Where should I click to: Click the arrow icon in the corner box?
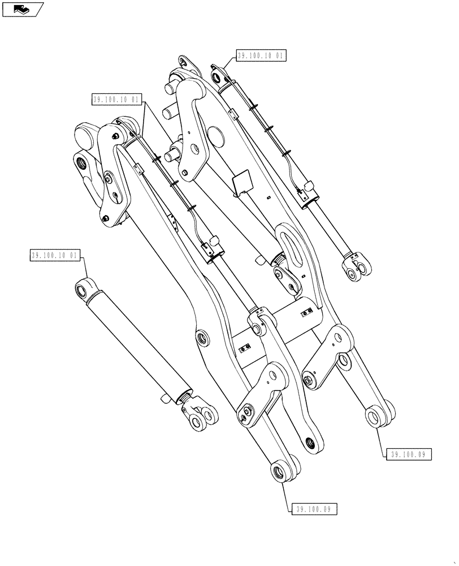coord(22,8)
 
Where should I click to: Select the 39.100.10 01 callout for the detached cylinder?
coord(55,256)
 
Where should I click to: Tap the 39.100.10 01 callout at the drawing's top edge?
coord(261,56)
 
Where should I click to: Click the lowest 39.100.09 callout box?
coord(315,509)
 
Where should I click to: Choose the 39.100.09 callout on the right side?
coord(410,453)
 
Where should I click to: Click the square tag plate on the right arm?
coord(242,183)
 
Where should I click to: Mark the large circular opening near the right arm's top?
coord(215,135)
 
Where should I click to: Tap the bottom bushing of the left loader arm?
coord(279,471)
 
